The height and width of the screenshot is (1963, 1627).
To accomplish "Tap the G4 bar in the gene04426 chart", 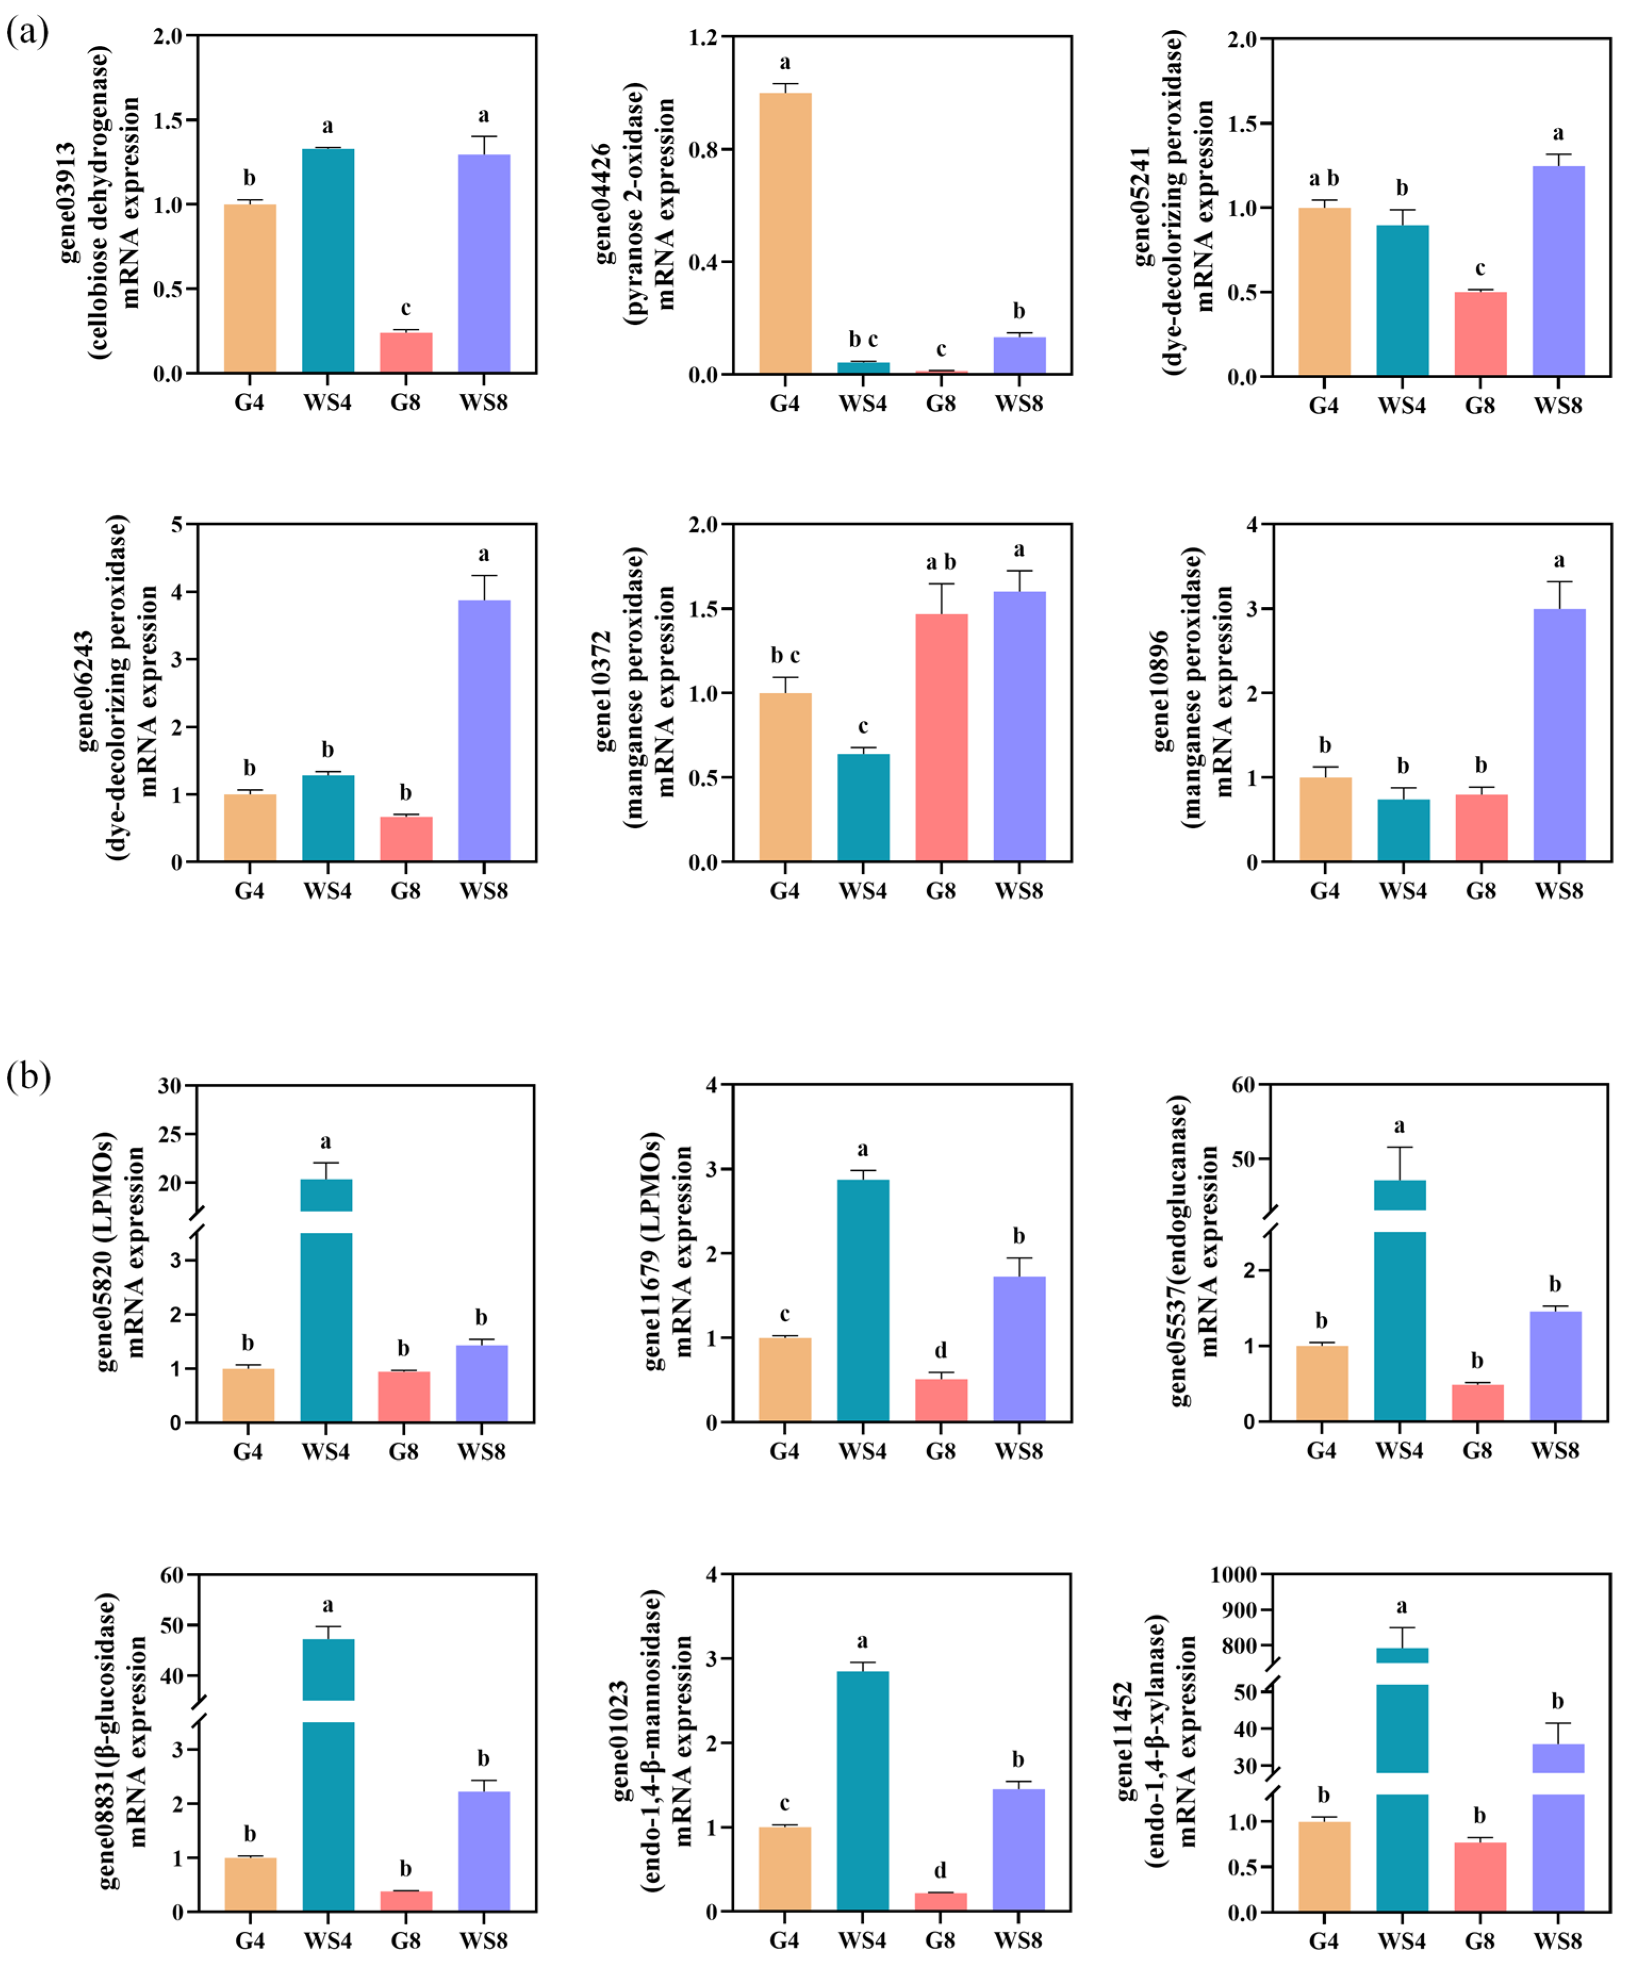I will point(785,234).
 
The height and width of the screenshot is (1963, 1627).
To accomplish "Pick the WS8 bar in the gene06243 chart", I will point(484,729).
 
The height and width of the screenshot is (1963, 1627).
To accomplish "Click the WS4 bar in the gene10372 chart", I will point(863,807).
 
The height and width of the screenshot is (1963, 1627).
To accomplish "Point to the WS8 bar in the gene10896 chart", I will point(1559,734).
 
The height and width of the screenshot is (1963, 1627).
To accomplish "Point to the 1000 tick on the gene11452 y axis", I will point(1234,1575).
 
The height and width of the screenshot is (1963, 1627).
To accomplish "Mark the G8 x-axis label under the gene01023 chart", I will point(940,1940).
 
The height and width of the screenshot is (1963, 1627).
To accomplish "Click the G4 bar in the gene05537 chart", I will point(1322,1383).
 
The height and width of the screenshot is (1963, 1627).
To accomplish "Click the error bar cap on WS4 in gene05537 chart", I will point(1400,1147).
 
